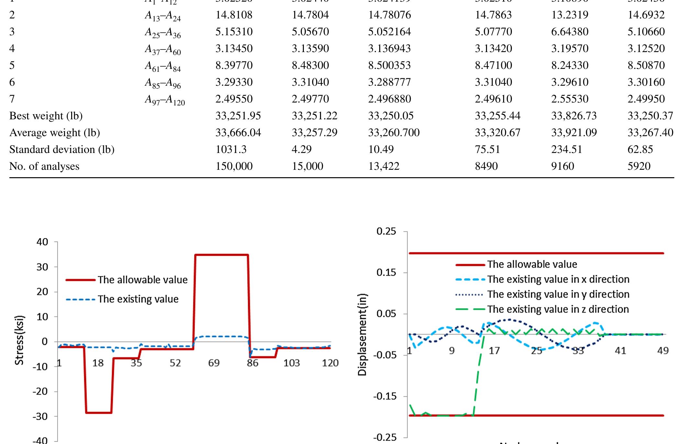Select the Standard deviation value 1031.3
(231, 149)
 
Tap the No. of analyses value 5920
(639, 166)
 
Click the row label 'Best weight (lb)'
(46, 116)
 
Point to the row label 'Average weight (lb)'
(54, 133)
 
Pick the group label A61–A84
(162, 66)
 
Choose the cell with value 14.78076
(389, 15)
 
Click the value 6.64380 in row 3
(569, 32)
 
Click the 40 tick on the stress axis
(42, 242)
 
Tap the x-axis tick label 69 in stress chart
(214, 363)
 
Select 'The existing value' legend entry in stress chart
(138, 299)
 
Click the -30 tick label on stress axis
(40, 417)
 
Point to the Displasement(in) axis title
(362, 335)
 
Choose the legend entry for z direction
(558, 309)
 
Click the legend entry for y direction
(558, 294)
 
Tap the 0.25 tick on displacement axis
(386, 232)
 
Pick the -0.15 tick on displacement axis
(385, 396)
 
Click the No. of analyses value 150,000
(234, 166)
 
